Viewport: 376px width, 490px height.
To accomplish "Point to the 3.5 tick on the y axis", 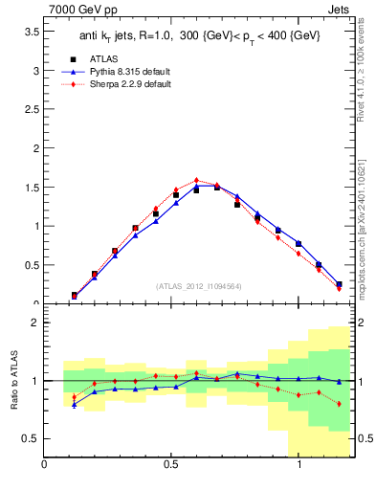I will tap(31, 32).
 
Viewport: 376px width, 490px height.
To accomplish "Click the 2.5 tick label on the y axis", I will tap(31, 110).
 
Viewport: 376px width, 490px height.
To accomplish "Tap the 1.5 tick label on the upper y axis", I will tap(31, 188).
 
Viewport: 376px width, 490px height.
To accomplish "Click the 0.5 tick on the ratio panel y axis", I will tap(31, 438).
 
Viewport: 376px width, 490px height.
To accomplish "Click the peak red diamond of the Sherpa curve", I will tap(196, 180).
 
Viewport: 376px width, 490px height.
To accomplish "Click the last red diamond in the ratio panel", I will tap(339, 404).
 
